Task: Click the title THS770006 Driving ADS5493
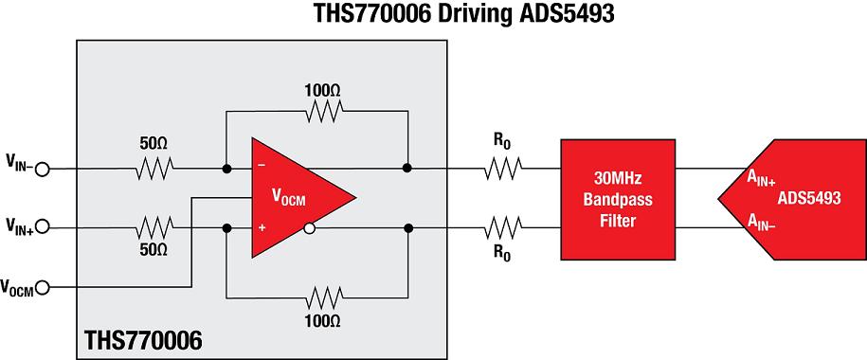pyautogui.click(x=464, y=14)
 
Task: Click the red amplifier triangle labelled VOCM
pyautogui.click(x=293, y=197)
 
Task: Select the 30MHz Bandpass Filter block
pyautogui.click(x=618, y=200)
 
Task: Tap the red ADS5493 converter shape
pyautogui.click(x=792, y=199)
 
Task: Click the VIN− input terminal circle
pyautogui.click(x=42, y=170)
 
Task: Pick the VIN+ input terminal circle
pyautogui.click(x=42, y=226)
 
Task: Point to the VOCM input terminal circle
pyautogui.click(x=42, y=287)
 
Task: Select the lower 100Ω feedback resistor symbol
pyautogui.click(x=323, y=297)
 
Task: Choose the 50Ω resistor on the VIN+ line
pyautogui.click(x=154, y=227)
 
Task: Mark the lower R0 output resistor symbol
pyautogui.click(x=503, y=227)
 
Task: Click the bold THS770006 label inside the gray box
pyautogui.click(x=143, y=340)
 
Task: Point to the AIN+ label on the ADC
pyautogui.click(x=763, y=180)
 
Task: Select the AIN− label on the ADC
pyautogui.click(x=763, y=222)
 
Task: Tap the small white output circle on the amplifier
pyautogui.click(x=310, y=227)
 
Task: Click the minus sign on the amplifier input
pyautogui.click(x=262, y=165)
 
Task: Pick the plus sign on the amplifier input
pyautogui.click(x=262, y=227)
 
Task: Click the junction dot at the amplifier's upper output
pyautogui.click(x=407, y=168)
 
